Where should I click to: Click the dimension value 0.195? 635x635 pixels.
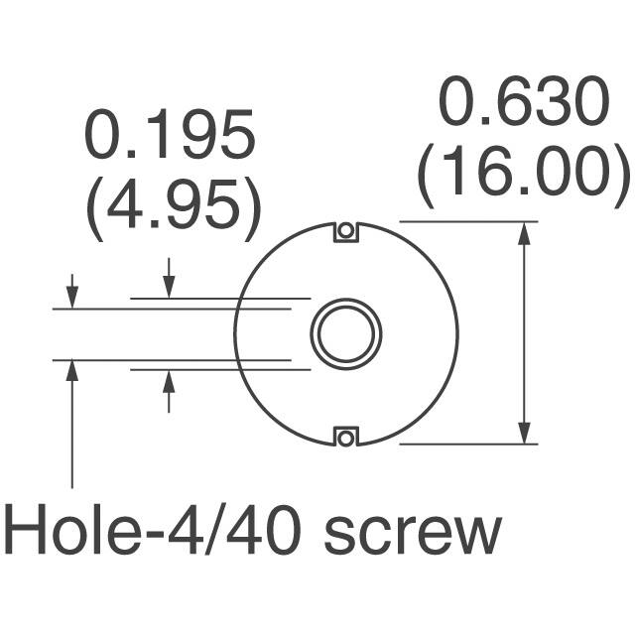click(x=169, y=137)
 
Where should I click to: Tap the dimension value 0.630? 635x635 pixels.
click(x=522, y=105)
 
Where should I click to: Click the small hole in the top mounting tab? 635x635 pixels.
click(x=345, y=231)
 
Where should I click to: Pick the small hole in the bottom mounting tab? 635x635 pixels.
click(x=345, y=435)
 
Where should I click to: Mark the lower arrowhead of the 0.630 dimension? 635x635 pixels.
click(x=524, y=433)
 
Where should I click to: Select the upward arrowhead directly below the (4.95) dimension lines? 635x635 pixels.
click(x=170, y=379)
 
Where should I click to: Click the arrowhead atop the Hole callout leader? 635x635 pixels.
click(x=71, y=370)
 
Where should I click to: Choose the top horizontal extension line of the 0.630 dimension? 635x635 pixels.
click(x=466, y=220)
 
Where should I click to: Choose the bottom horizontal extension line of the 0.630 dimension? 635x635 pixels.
click(x=466, y=444)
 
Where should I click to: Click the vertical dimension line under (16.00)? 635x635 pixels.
click(x=524, y=332)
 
